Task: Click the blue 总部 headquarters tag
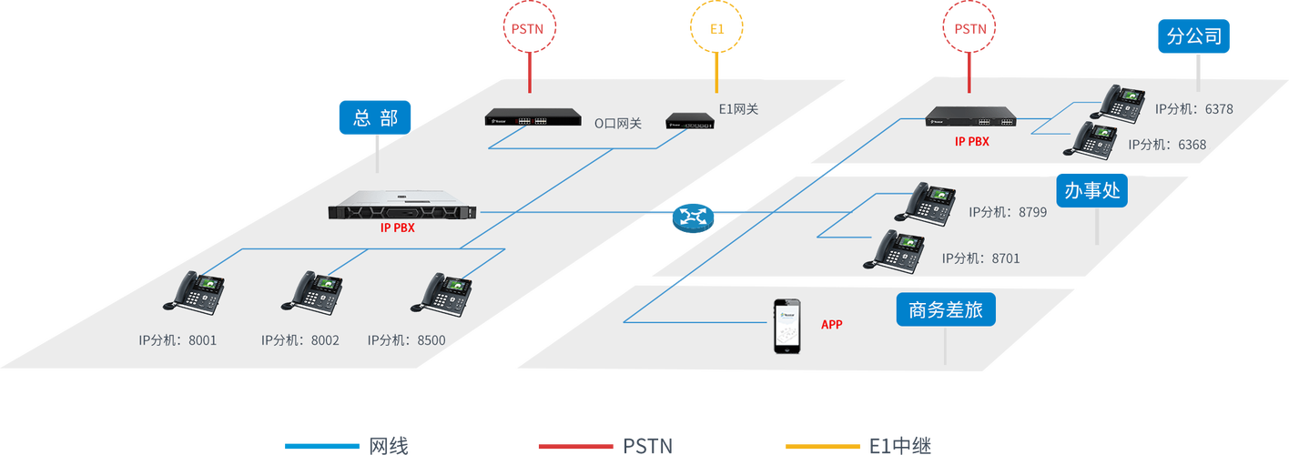[x=375, y=117]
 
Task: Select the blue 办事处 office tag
[x=1092, y=191]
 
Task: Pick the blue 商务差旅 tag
[x=945, y=310]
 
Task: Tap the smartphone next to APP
[x=788, y=326]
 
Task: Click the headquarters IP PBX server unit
[x=402, y=210]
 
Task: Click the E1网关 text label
[x=738, y=109]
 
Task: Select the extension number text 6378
[x=1218, y=109]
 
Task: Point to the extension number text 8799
[x=1032, y=212]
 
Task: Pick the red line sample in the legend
[x=574, y=446]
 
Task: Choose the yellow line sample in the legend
[x=822, y=446]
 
